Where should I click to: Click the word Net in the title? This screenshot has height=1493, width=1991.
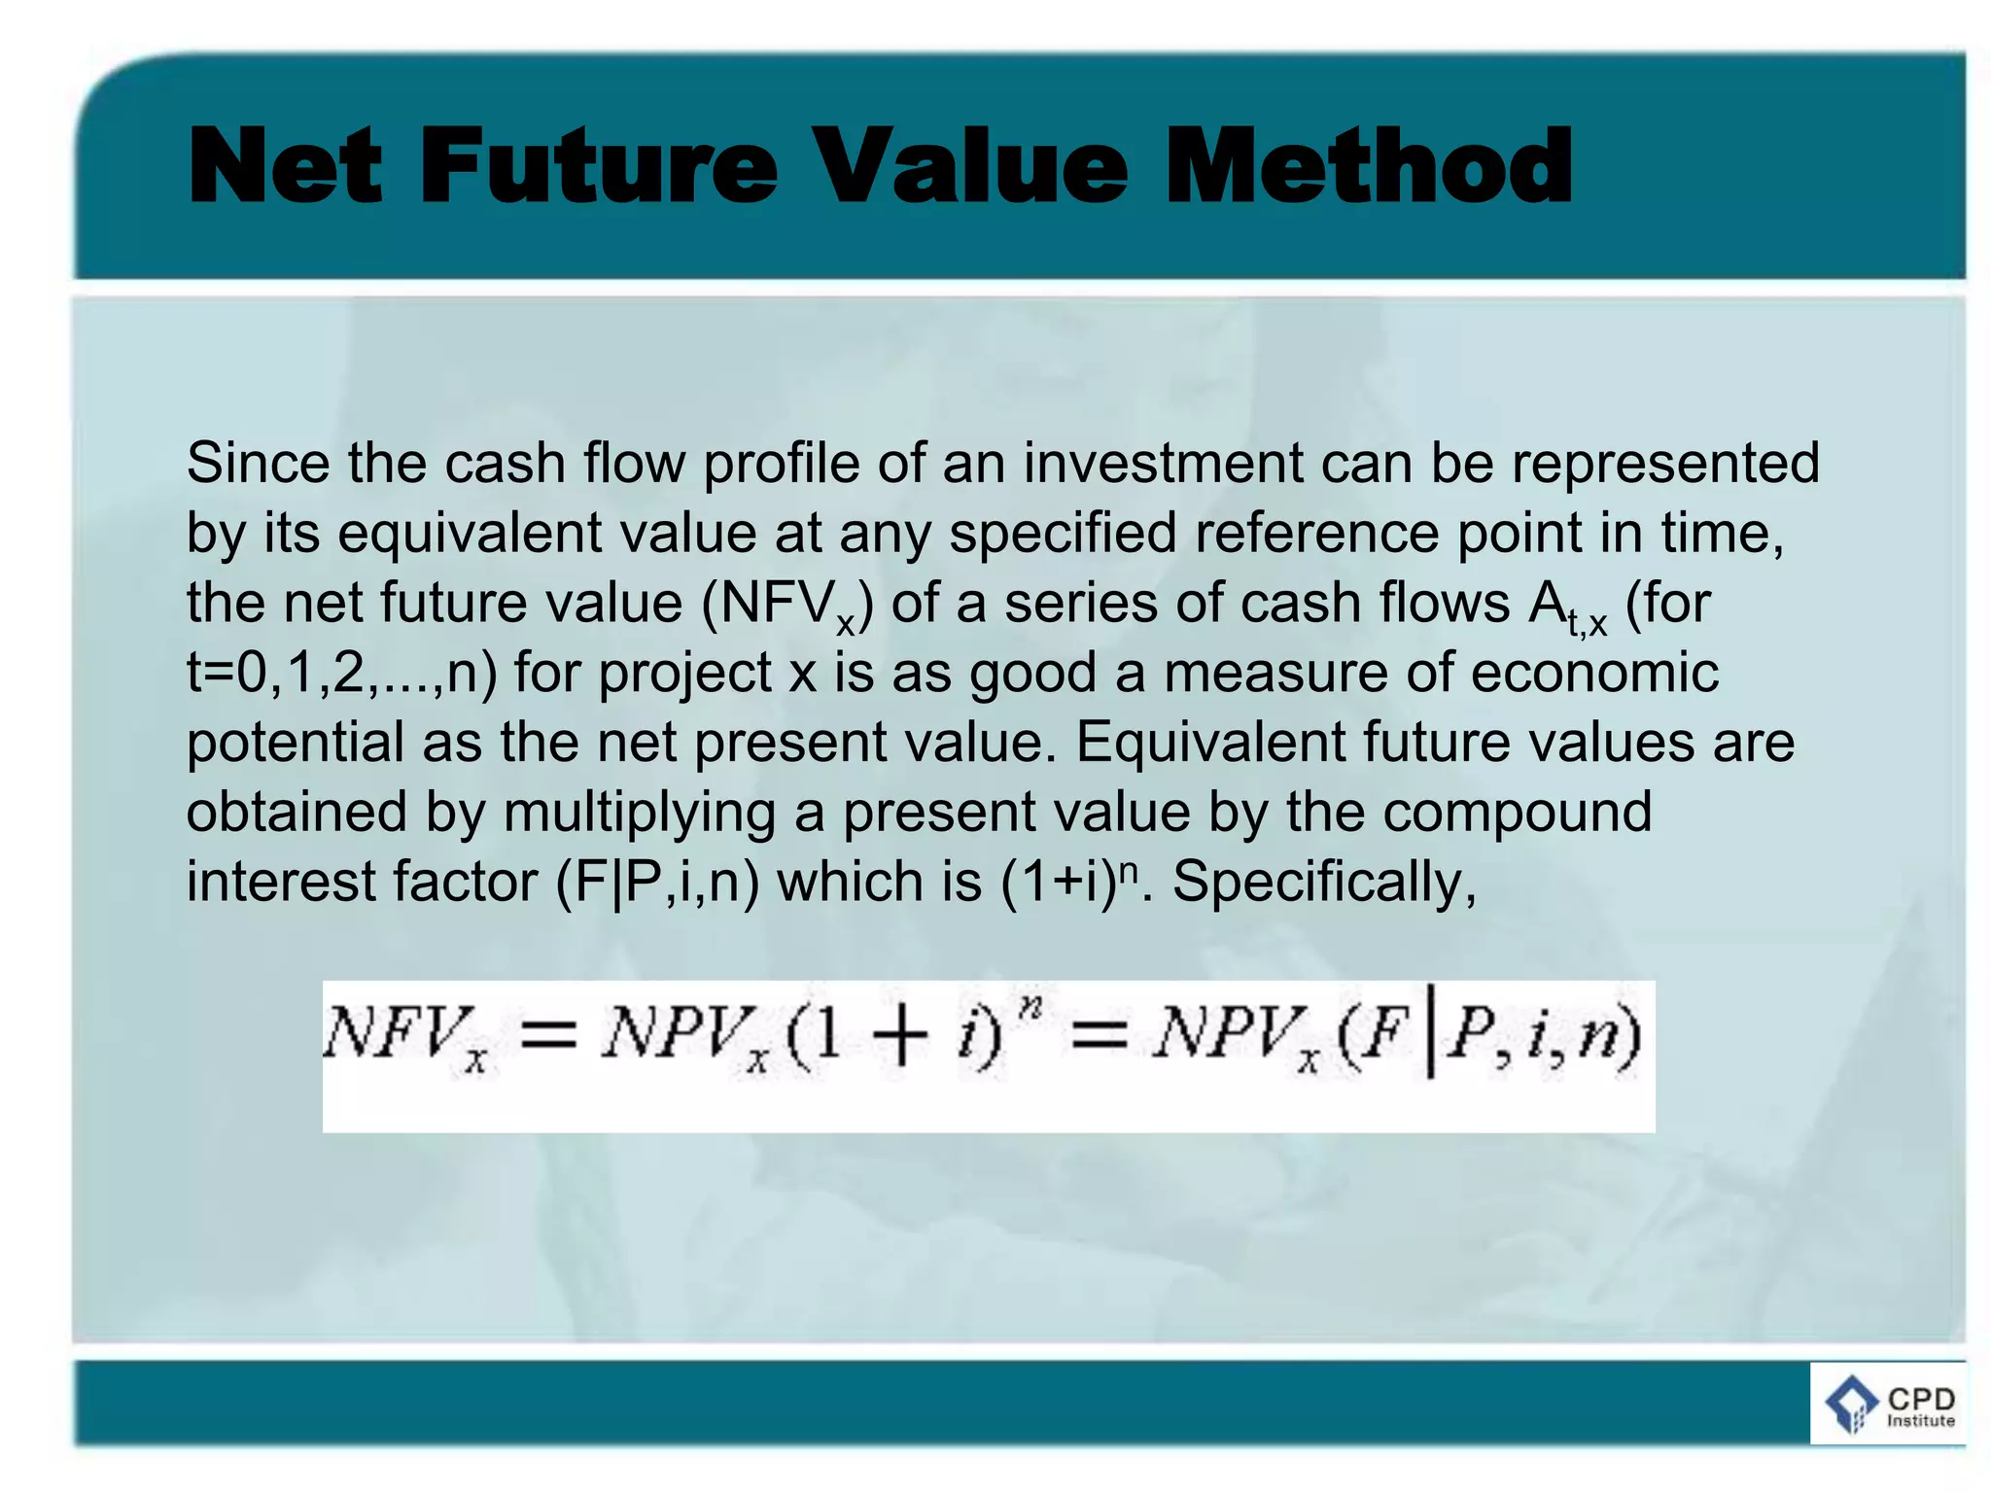(284, 166)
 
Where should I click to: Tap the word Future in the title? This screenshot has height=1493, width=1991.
(599, 166)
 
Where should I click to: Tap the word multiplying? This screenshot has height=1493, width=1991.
(639, 813)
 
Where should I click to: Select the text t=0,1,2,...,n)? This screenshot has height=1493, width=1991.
(341, 673)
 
